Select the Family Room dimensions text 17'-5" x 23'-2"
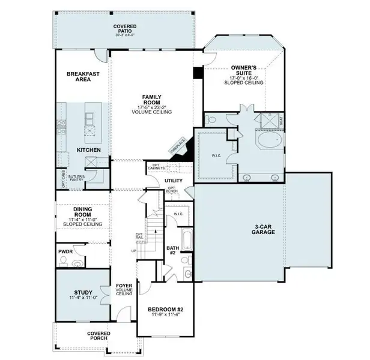tap(150, 108)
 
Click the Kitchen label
tap(88, 149)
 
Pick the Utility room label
tap(173, 180)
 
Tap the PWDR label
tap(65, 252)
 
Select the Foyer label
tap(124, 287)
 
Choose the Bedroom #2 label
tap(165, 310)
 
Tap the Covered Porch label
tap(99, 336)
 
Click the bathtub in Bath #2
tap(186, 242)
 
